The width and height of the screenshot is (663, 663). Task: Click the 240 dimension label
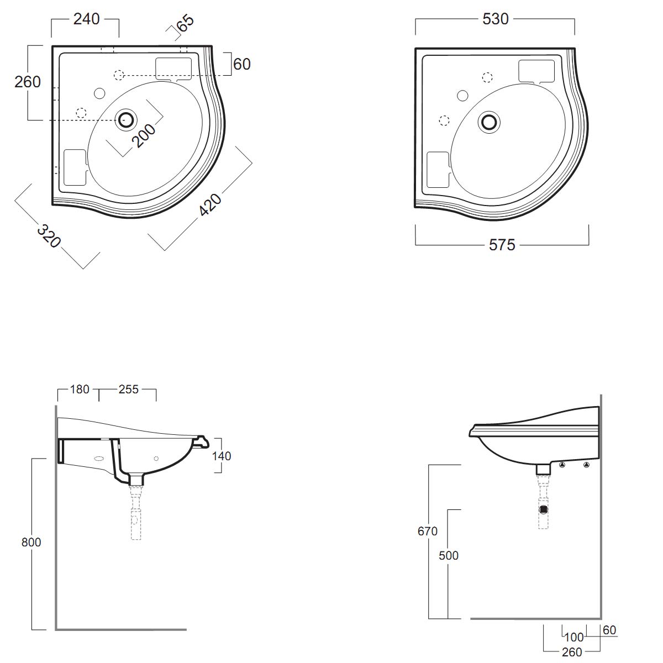[86, 19]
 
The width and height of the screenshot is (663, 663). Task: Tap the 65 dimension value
[185, 23]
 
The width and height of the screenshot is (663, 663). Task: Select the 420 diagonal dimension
[210, 205]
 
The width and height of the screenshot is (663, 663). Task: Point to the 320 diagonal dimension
[49, 236]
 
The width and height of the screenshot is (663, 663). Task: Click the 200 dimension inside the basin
[144, 135]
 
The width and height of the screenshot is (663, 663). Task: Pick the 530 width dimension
[495, 19]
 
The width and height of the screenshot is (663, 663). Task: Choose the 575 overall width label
[502, 245]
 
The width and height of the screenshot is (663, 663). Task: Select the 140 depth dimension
[221, 456]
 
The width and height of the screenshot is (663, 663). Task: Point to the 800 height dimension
[31, 542]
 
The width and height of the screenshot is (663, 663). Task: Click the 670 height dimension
[427, 531]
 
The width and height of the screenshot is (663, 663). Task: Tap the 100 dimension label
[574, 637]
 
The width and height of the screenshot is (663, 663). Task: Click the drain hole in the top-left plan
[127, 120]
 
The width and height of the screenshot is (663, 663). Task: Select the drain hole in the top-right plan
[489, 122]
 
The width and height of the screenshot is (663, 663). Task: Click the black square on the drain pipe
[543, 509]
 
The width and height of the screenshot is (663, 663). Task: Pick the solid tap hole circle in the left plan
[99, 93]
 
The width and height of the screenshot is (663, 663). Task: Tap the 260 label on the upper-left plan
[28, 82]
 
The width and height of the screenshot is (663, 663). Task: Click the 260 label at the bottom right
[572, 651]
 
